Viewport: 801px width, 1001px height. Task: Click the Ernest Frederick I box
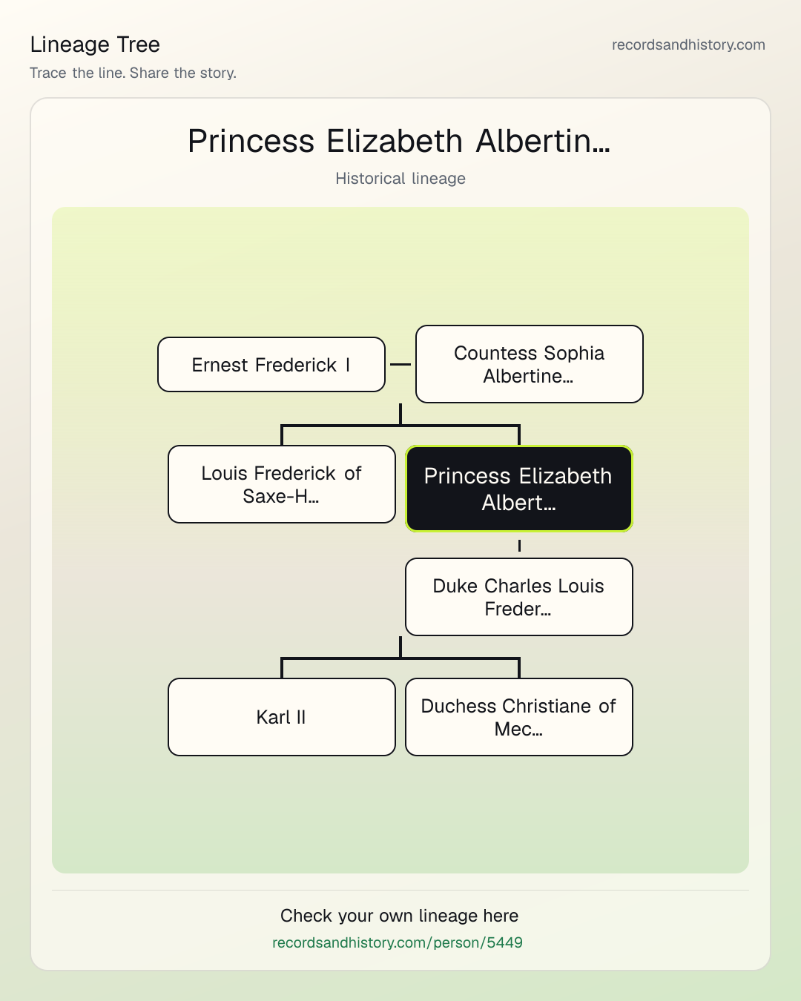(271, 365)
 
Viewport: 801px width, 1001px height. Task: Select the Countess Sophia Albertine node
(530, 364)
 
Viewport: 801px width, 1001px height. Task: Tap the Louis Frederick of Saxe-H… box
(282, 484)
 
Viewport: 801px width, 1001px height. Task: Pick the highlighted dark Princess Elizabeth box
(519, 489)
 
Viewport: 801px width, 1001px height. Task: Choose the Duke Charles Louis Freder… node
(519, 597)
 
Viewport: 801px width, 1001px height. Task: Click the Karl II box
(282, 717)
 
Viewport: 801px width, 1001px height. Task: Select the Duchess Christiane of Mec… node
(519, 717)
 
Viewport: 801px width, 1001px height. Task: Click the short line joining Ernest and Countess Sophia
(400, 364)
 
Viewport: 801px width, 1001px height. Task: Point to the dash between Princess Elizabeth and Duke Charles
(519, 545)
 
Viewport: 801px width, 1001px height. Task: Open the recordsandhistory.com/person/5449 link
(398, 942)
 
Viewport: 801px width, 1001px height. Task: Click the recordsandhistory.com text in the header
(688, 44)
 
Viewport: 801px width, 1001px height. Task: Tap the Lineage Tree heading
(95, 44)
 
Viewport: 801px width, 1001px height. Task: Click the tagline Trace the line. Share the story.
(133, 73)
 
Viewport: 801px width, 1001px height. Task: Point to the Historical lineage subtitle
(400, 179)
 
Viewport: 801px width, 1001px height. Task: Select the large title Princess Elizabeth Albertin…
(399, 141)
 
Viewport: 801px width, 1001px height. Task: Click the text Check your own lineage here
(399, 916)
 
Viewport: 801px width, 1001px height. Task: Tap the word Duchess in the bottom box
(458, 706)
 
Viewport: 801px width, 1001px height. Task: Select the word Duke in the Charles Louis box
(455, 586)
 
